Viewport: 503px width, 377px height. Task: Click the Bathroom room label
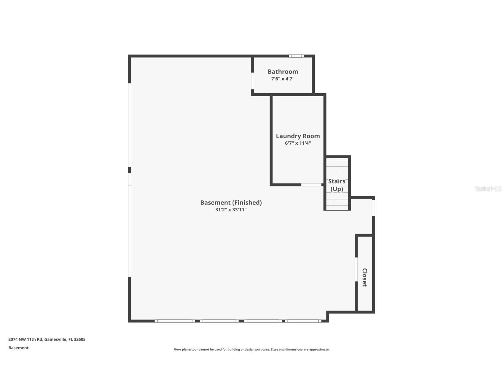pos(283,71)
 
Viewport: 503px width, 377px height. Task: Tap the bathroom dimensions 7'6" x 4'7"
pos(283,79)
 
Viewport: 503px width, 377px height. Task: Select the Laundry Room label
pos(298,136)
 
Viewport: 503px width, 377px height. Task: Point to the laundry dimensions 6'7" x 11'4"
pos(298,143)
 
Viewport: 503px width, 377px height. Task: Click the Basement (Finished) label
pos(231,202)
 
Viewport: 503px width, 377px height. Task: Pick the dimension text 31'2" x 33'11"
pos(231,210)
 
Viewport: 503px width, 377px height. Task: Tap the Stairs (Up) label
pos(337,185)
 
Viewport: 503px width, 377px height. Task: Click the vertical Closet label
pos(364,277)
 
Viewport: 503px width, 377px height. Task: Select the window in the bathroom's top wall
pos(296,56)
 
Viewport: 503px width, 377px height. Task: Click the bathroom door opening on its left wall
pos(253,81)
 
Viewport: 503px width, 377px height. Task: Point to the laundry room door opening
pos(311,185)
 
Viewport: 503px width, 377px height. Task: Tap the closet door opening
pos(356,269)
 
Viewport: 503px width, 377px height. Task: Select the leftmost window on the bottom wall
pos(175,321)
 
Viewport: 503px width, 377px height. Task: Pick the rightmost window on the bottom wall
pos(303,321)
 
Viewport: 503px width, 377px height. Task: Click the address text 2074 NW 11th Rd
pos(26,339)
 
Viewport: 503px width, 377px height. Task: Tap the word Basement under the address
pos(18,348)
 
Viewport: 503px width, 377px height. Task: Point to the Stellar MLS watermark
pos(488,188)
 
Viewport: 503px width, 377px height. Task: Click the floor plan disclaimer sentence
pos(251,349)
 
